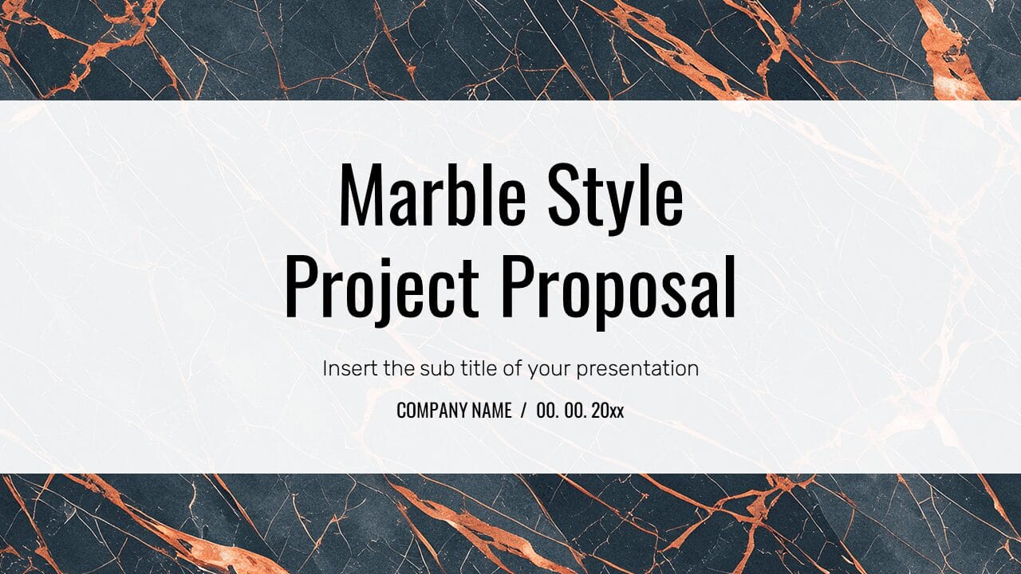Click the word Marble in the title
[432, 195]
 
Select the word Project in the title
[381, 285]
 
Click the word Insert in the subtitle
[347, 368]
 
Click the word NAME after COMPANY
[491, 411]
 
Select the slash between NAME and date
[523, 411]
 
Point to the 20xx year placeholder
[609, 411]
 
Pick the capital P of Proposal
[518, 285]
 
